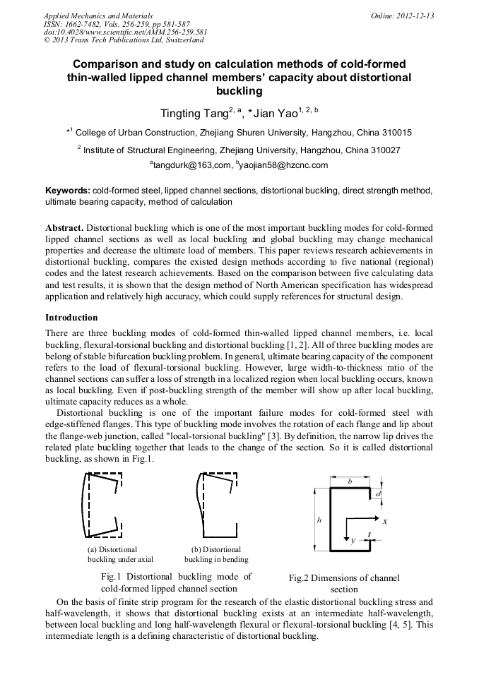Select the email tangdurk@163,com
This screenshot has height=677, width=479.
[192, 166]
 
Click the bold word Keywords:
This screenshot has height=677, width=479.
[68, 191]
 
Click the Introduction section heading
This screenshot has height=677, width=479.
[71, 318]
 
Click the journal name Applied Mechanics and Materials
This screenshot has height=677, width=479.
[98, 15]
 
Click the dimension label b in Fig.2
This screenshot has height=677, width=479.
[350, 480]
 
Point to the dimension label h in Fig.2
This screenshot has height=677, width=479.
[319, 520]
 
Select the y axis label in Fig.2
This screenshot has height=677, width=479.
[353, 540]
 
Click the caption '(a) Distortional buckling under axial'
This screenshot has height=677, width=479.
[115, 554]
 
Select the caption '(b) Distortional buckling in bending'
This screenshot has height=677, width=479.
[216, 554]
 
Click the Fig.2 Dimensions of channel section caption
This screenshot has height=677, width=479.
[344, 583]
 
